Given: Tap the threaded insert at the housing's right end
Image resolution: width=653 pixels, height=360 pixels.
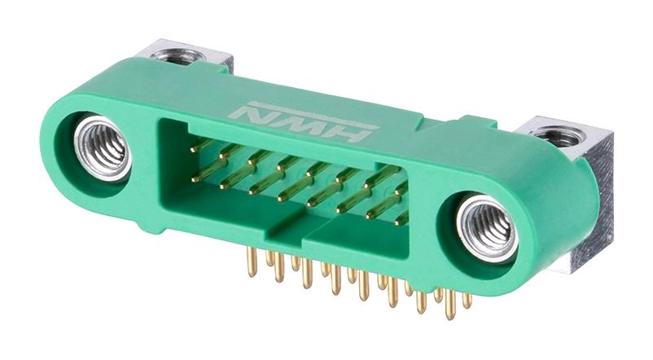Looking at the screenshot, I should pos(487,230).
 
